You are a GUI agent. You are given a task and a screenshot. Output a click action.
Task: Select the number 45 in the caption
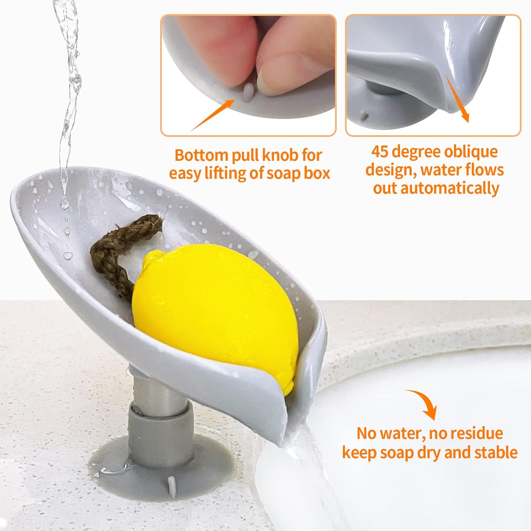tap(380, 152)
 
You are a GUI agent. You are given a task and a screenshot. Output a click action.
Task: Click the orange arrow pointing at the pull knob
tap(212, 115)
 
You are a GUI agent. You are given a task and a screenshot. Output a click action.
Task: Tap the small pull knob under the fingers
tap(248, 91)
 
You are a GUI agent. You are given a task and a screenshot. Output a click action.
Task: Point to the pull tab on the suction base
tap(171, 485)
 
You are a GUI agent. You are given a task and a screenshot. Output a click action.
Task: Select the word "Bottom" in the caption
tap(201, 155)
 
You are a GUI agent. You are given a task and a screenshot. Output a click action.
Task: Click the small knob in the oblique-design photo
tap(364, 115)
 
